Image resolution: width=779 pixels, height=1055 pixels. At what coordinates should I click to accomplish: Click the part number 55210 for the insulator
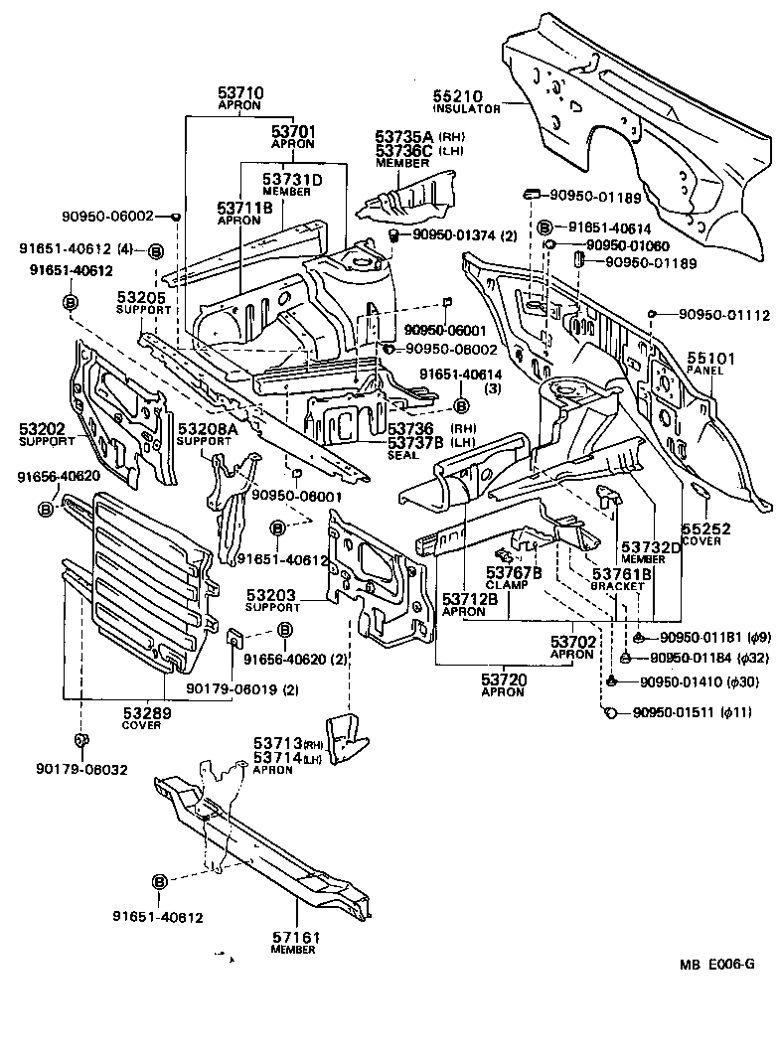[455, 95]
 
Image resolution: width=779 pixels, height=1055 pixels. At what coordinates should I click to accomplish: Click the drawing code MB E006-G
[716, 964]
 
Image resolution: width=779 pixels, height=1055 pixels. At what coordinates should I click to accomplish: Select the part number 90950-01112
[724, 315]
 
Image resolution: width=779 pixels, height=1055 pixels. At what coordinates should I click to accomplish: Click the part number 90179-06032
[81, 768]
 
